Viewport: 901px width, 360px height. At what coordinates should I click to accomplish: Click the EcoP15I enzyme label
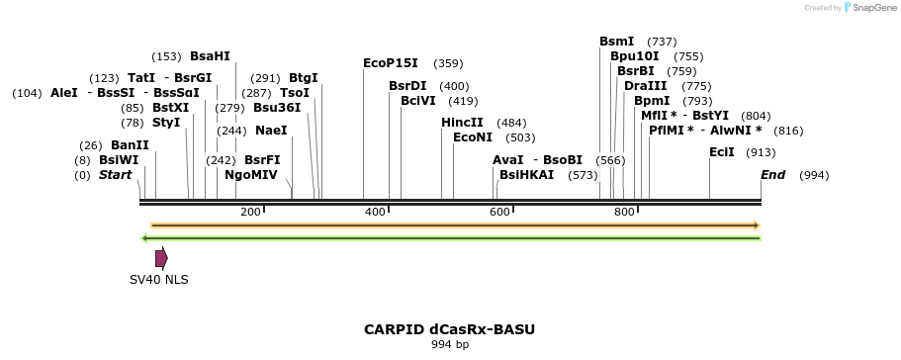[x=391, y=63]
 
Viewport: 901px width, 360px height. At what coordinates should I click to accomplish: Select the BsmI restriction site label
[x=617, y=42]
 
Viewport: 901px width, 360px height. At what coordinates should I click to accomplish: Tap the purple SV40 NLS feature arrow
[x=161, y=258]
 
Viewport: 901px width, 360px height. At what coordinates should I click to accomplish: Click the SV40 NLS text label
[x=159, y=279]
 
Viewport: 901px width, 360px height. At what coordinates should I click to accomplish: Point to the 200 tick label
[x=250, y=213]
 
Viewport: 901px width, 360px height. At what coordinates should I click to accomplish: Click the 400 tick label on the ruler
[x=375, y=213]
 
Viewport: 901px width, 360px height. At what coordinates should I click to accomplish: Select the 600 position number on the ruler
[x=499, y=213]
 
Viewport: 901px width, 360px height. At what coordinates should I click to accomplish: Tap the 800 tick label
[x=624, y=213]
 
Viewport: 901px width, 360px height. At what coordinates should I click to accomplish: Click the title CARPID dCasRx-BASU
[x=450, y=328]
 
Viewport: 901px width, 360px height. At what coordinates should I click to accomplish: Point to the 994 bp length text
[x=450, y=344]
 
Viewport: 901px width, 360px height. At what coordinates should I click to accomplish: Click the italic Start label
[x=115, y=175]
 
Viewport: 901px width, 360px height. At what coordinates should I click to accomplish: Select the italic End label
[x=772, y=175]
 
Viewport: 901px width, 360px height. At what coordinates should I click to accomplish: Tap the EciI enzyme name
[x=722, y=152]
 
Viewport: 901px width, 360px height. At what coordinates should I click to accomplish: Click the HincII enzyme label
[x=462, y=122]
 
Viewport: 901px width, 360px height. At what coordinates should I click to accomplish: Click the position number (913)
[x=761, y=152]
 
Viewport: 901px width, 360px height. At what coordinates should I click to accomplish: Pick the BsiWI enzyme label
[x=119, y=159]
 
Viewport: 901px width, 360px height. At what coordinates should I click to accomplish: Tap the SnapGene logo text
[x=870, y=8]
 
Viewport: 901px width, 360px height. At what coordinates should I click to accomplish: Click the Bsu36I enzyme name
[x=277, y=107]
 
